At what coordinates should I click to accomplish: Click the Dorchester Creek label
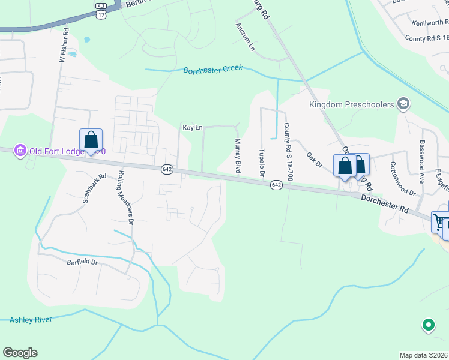coord(213,69)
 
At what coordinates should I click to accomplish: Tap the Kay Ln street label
coord(192,128)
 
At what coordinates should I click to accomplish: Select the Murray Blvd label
coord(238,156)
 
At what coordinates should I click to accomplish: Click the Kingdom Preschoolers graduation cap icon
coord(403,105)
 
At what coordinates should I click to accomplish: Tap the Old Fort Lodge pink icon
coord(20,149)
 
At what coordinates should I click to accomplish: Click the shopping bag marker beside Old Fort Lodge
coord(91,140)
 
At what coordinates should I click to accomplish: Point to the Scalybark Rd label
coord(95,188)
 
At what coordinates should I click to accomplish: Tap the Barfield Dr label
coord(82,262)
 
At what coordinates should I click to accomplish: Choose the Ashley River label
coord(31,320)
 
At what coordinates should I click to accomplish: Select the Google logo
coord(20,353)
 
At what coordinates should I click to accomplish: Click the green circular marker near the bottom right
coord(428,326)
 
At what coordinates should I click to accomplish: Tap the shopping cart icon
coord(439,222)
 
